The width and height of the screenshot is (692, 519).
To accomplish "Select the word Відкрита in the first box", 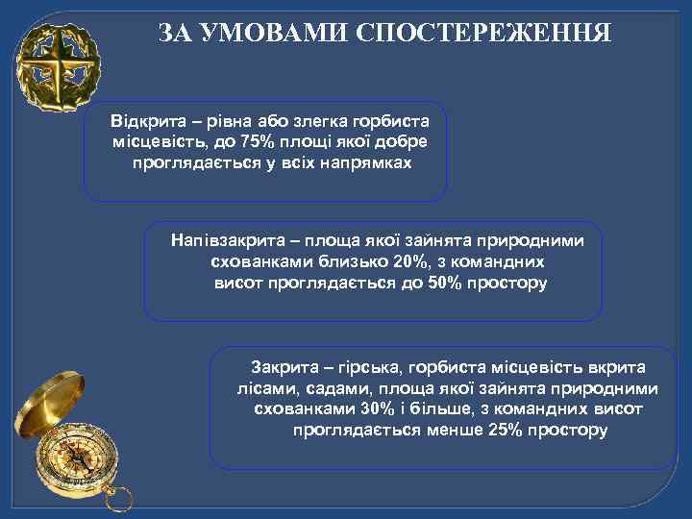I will [x=144, y=122].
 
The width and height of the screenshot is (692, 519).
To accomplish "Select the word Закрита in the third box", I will [x=284, y=367].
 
